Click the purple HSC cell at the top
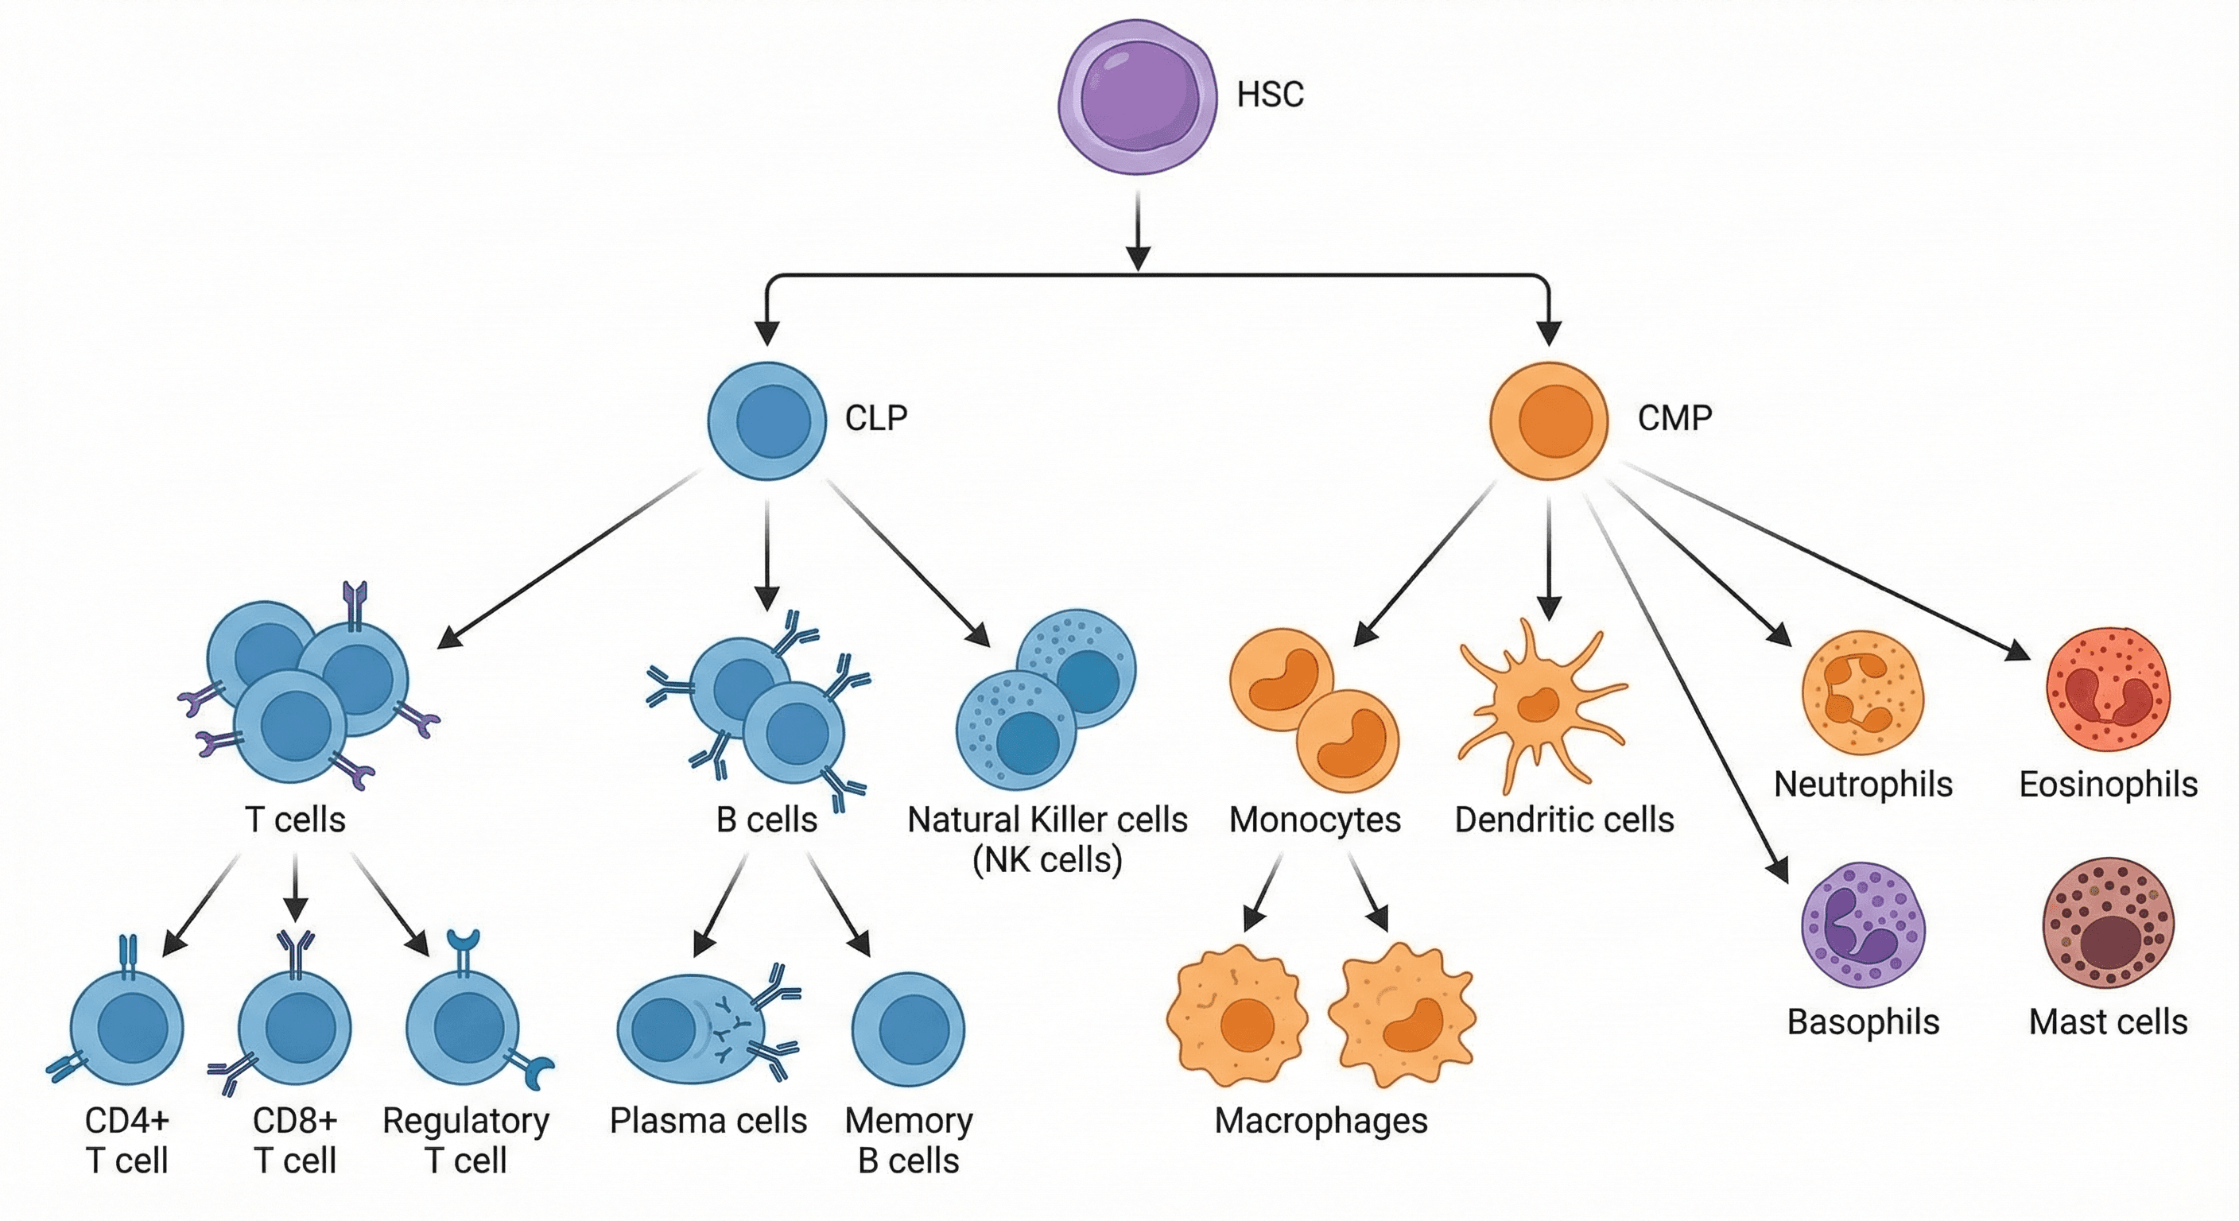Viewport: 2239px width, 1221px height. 1137,97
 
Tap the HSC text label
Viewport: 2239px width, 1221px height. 1270,95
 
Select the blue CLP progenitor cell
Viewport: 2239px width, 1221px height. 766,421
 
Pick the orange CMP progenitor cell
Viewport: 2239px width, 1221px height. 1549,421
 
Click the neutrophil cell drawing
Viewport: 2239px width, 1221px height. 1863,692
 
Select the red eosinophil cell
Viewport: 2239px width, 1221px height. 2108,688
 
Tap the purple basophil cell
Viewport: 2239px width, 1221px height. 1863,924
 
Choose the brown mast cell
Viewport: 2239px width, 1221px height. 2108,924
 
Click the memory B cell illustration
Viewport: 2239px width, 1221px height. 908,1029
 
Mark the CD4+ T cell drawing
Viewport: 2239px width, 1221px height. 127,1027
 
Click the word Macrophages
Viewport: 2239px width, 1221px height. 1321,1121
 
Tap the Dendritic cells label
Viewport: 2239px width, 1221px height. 1564,820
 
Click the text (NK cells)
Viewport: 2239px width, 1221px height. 1047,860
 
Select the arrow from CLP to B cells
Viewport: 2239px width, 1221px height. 766,556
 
